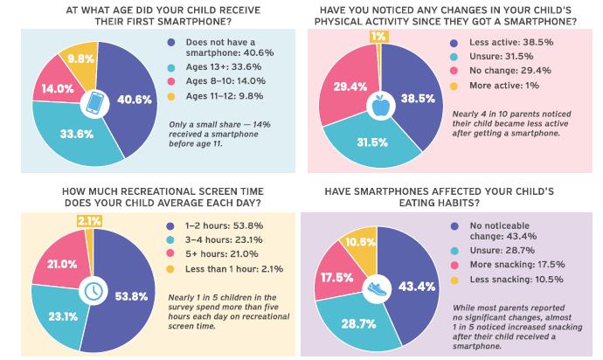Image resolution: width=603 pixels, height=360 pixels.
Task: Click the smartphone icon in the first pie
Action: [x=94, y=103]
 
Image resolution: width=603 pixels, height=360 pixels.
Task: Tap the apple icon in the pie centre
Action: [x=380, y=106]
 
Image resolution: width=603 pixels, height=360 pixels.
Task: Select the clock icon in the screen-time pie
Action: [x=93, y=291]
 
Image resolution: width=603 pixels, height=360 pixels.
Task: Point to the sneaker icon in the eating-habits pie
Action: [x=377, y=289]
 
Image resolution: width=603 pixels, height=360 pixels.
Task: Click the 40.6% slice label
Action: [x=135, y=100]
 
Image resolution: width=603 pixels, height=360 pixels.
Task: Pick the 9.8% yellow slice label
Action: [x=80, y=59]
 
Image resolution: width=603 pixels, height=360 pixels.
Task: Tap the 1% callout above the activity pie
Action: [x=378, y=36]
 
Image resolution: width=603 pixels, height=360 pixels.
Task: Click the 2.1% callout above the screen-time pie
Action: [x=90, y=221]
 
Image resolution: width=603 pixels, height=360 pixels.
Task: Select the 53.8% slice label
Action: [x=131, y=296]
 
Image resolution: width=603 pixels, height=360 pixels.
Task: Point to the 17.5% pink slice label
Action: [x=336, y=277]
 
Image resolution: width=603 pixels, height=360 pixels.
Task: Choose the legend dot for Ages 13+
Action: [x=171, y=67]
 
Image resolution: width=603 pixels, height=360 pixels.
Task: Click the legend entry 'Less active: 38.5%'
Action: [x=511, y=42]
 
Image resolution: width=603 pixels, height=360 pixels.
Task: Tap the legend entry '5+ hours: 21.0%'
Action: [x=221, y=254]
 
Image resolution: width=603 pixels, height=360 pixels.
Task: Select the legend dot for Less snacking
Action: [x=454, y=280]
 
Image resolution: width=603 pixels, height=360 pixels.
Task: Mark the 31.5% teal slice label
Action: [x=372, y=142]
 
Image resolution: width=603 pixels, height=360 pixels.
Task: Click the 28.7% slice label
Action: [x=358, y=324]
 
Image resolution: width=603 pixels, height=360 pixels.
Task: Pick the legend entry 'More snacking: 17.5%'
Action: [x=517, y=265]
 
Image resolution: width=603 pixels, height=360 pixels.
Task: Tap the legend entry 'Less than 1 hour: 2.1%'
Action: [x=234, y=269]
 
